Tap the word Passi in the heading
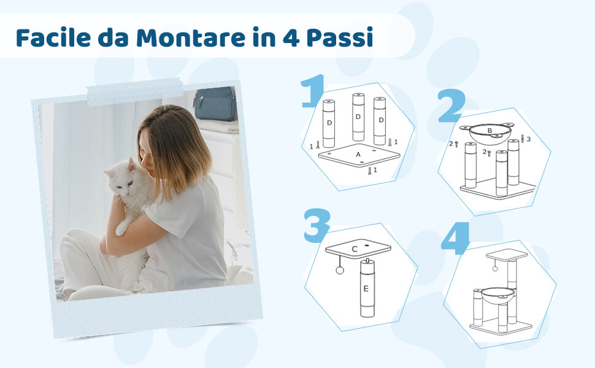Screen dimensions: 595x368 click(340, 37)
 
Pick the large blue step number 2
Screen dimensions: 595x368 click(451, 106)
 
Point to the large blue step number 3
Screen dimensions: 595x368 click(317, 226)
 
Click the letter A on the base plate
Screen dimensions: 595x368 click(358, 155)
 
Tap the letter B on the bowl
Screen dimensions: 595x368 click(489, 131)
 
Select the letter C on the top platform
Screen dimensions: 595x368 click(355, 249)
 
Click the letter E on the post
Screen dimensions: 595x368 click(366, 289)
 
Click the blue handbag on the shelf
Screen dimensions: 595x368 click(215, 104)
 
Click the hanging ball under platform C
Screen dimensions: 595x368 click(340, 270)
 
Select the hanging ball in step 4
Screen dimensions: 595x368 click(494, 269)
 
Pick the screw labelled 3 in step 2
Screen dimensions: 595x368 click(523, 139)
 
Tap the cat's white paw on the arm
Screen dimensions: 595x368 click(121, 229)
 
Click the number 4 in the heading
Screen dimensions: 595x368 click(291, 38)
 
